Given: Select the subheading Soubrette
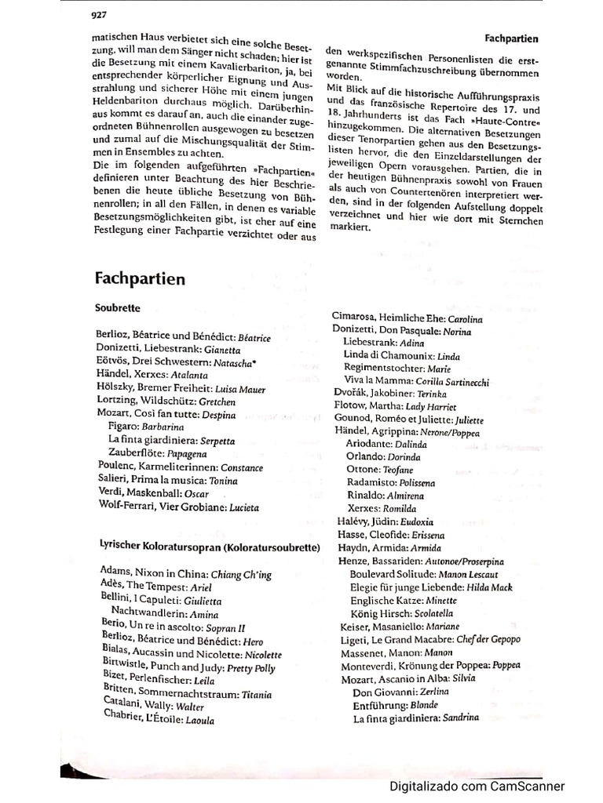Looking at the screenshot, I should point(118,309).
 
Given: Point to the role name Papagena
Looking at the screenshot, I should point(185,453).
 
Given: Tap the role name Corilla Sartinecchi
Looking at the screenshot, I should point(448,382).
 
